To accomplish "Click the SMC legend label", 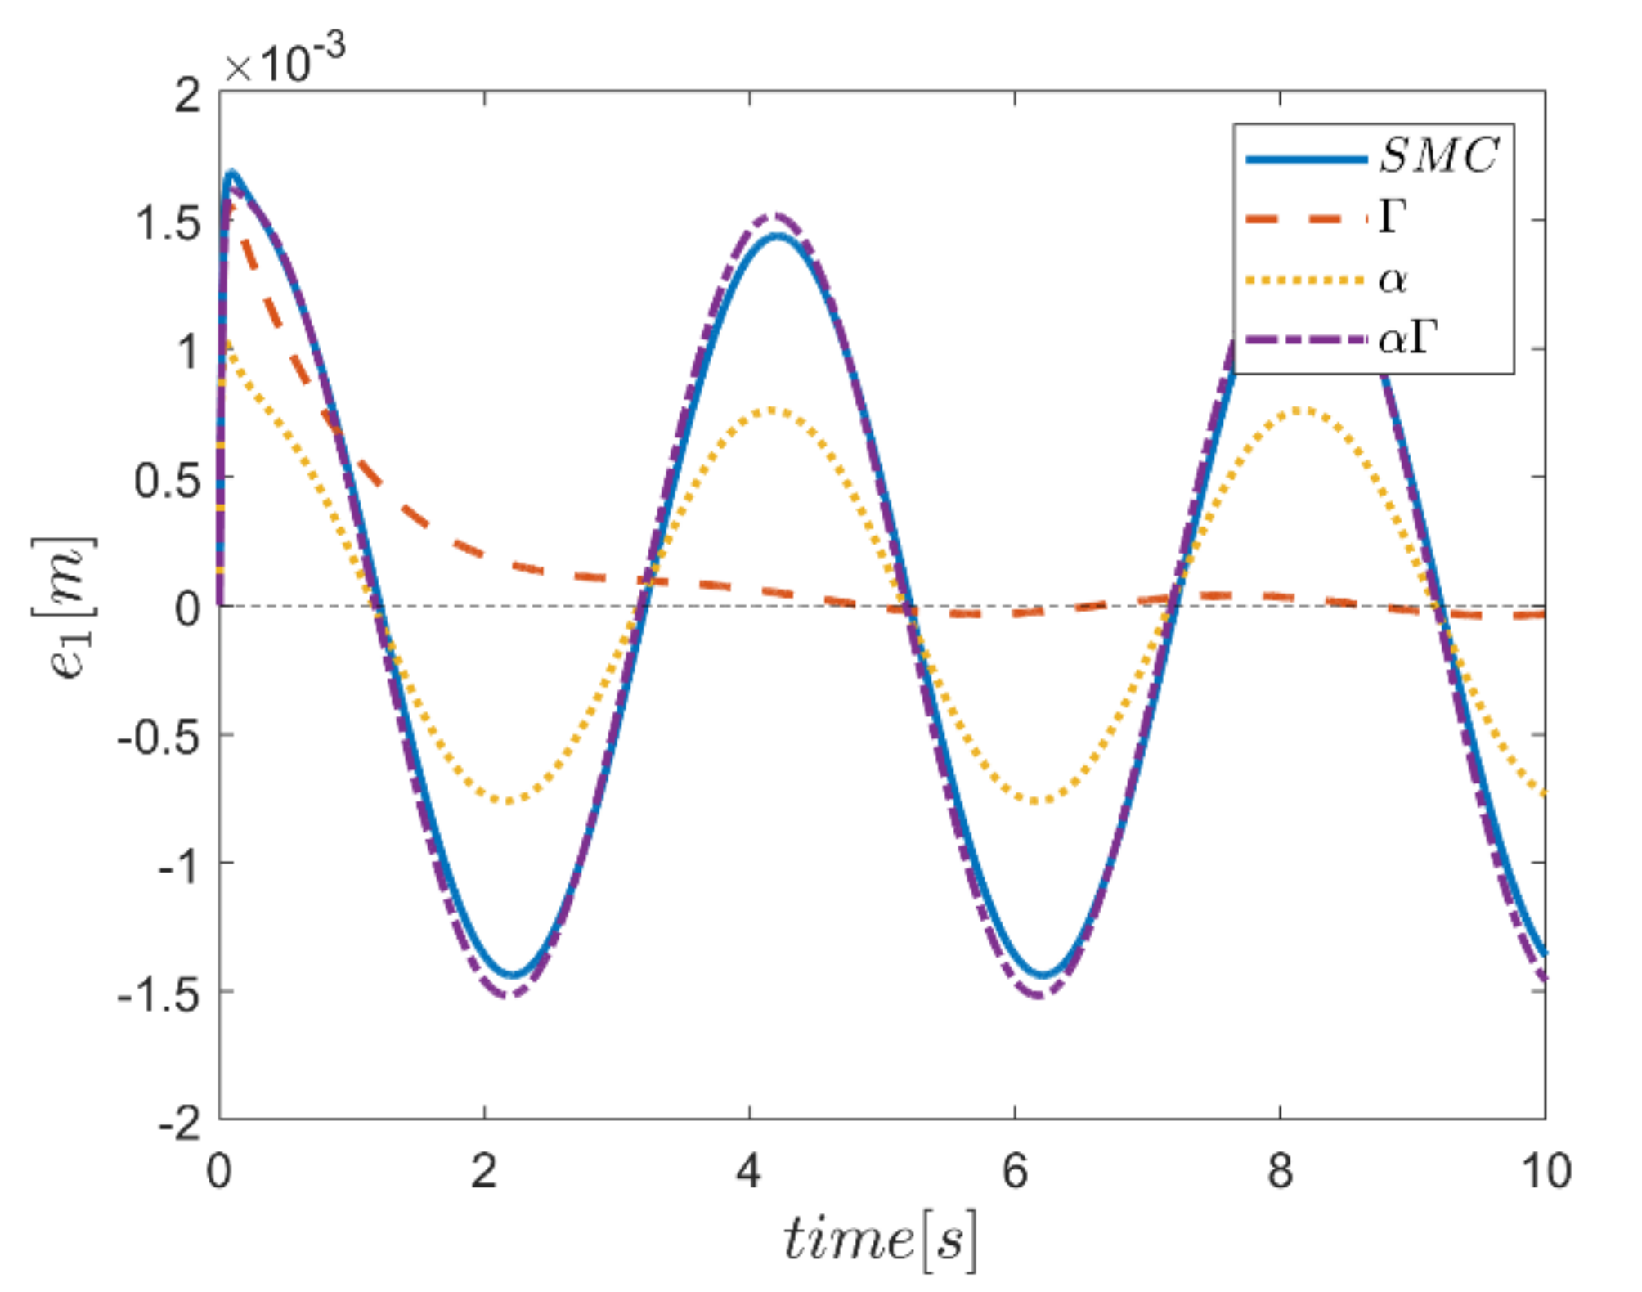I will [x=1438, y=155].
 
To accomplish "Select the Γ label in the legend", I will [x=1392, y=218].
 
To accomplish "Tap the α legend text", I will [x=1392, y=280].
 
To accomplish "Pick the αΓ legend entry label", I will [x=1406, y=338].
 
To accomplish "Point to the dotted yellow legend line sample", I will [x=1306, y=280].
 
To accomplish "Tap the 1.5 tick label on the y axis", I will [x=168, y=222].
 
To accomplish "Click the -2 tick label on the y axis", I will [x=179, y=1123].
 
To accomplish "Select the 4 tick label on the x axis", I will [x=749, y=1172].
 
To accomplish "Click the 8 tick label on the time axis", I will [x=1280, y=1172].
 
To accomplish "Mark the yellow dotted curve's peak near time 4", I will [x=773, y=410].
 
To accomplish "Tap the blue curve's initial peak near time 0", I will [x=232, y=173].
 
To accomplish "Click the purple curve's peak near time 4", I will [x=776, y=216].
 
